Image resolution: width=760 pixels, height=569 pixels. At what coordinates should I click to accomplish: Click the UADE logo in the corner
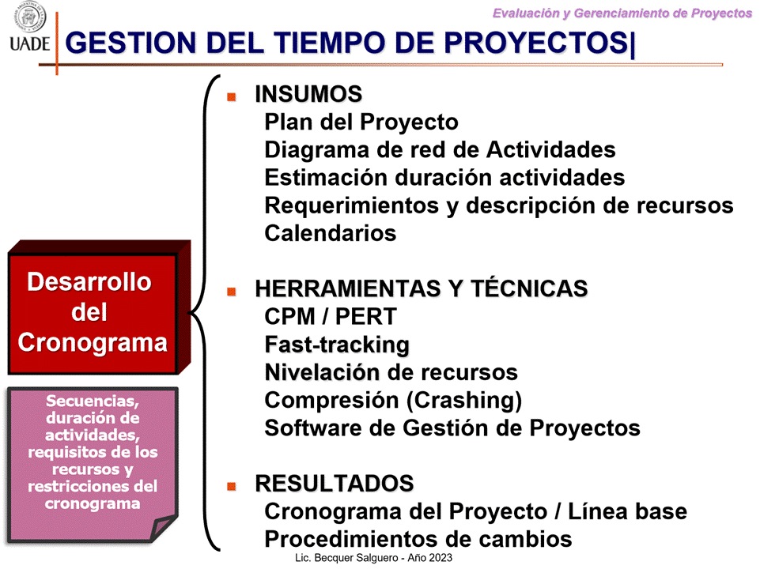point(29,27)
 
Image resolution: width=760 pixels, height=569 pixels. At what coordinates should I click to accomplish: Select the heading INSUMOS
point(308,94)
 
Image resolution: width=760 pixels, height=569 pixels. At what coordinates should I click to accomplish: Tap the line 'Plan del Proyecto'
point(361,122)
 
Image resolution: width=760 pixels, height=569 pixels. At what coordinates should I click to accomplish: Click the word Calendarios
point(330,233)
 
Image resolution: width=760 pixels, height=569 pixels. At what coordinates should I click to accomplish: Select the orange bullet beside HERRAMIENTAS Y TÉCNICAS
point(232,292)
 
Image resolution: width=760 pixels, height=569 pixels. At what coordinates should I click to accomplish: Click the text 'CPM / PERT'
point(331,317)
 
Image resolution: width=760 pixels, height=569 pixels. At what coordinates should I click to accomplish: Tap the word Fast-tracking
point(337,345)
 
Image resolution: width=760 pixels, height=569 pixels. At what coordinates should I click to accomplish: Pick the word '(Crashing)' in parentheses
point(464,401)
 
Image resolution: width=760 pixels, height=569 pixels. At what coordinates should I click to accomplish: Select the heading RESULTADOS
point(335,484)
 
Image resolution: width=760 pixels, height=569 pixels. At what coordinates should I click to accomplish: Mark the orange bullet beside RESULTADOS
point(232,486)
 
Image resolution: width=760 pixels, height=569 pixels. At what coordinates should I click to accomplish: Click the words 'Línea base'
point(627,511)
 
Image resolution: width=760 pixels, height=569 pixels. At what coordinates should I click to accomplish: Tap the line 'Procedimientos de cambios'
point(418,539)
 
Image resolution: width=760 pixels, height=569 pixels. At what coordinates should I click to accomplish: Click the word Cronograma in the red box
point(93,343)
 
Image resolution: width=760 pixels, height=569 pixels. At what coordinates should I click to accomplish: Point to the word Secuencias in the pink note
point(93,401)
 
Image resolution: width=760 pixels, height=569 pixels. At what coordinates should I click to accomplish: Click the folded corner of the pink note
point(164,528)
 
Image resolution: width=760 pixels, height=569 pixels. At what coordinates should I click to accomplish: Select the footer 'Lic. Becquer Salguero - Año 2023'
point(374,558)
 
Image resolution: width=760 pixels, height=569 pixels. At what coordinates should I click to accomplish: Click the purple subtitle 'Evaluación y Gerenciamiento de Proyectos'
point(622,13)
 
